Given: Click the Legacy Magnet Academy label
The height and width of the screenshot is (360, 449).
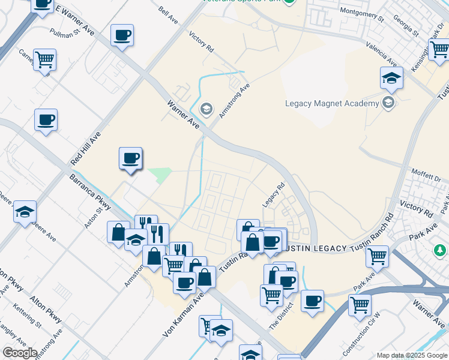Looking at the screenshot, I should pyautogui.click(x=331, y=103).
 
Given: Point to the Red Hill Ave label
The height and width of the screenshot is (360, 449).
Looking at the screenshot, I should pyautogui.click(x=85, y=148).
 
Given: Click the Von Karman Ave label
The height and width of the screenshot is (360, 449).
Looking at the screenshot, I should pyautogui.click(x=184, y=314).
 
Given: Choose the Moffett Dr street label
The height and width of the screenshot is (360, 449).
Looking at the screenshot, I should pyautogui.click(x=426, y=175).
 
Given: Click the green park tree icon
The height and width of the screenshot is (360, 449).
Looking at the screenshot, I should pyautogui.click(x=440, y=249).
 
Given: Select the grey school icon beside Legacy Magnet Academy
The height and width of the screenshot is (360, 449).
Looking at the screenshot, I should pyautogui.click(x=389, y=103).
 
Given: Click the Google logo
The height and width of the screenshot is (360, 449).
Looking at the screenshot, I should pyautogui.click(x=20, y=353).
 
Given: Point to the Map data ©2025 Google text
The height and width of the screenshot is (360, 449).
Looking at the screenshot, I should pyautogui.click(x=411, y=355).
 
